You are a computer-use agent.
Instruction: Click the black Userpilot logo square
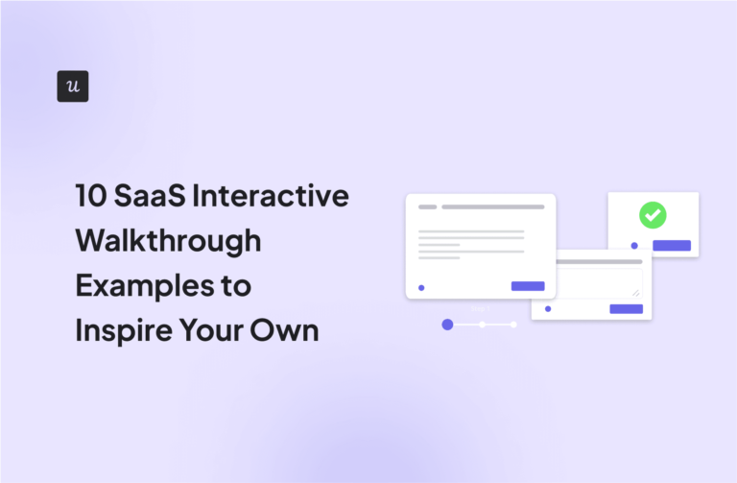point(73,86)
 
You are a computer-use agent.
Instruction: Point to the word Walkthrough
point(168,241)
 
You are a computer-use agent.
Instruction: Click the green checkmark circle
point(653,215)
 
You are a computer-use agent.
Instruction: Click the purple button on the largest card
point(528,286)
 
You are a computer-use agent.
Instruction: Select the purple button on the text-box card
point(627,308)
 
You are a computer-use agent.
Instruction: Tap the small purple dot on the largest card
point(421,287)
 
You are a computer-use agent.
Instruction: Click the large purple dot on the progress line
point(447,325)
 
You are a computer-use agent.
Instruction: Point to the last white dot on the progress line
point(513,325)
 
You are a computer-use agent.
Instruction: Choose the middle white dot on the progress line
point(482,325)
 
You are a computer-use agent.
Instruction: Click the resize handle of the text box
point(635,291)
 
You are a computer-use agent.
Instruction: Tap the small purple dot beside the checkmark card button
point(634,246)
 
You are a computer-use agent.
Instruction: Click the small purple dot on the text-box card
point(548,308)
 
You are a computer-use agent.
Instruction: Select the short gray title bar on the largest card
point(427,206)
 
